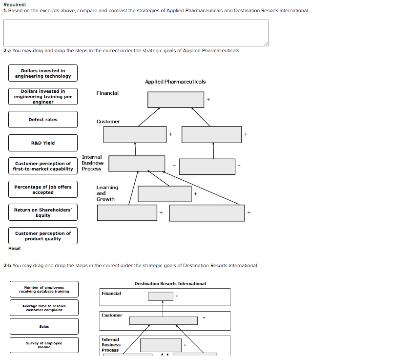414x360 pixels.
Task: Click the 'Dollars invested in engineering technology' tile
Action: coord(43,73)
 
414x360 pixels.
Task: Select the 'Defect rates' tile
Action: coord(43,120)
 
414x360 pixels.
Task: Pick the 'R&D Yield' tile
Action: coord(43,143)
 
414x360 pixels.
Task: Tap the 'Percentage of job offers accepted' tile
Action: coord(43,190)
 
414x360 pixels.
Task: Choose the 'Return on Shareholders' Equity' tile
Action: coord(43,212)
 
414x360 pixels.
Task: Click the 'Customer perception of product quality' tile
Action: coord(43,236)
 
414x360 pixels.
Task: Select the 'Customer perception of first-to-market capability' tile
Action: coord(43,166)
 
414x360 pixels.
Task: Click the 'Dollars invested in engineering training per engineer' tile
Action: coord(43,97)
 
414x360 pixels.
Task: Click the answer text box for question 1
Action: coord(136,33)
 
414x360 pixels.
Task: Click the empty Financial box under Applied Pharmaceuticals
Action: coord(176,100)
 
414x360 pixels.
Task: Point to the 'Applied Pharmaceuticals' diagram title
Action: coord(175,82)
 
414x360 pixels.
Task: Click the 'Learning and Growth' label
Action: coord(107,193)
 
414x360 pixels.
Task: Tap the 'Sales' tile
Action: coord(44,326)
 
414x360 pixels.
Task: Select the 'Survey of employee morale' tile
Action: coord(44,345)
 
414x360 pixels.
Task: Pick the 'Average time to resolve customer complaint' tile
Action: coord(44,308)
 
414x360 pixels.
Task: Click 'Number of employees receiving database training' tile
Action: coord(44,290)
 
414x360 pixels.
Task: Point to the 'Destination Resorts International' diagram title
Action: coord(170,284)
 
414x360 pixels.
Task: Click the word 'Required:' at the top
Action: coord(15,4)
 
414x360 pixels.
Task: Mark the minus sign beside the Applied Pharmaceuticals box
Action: coord(239,165)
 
